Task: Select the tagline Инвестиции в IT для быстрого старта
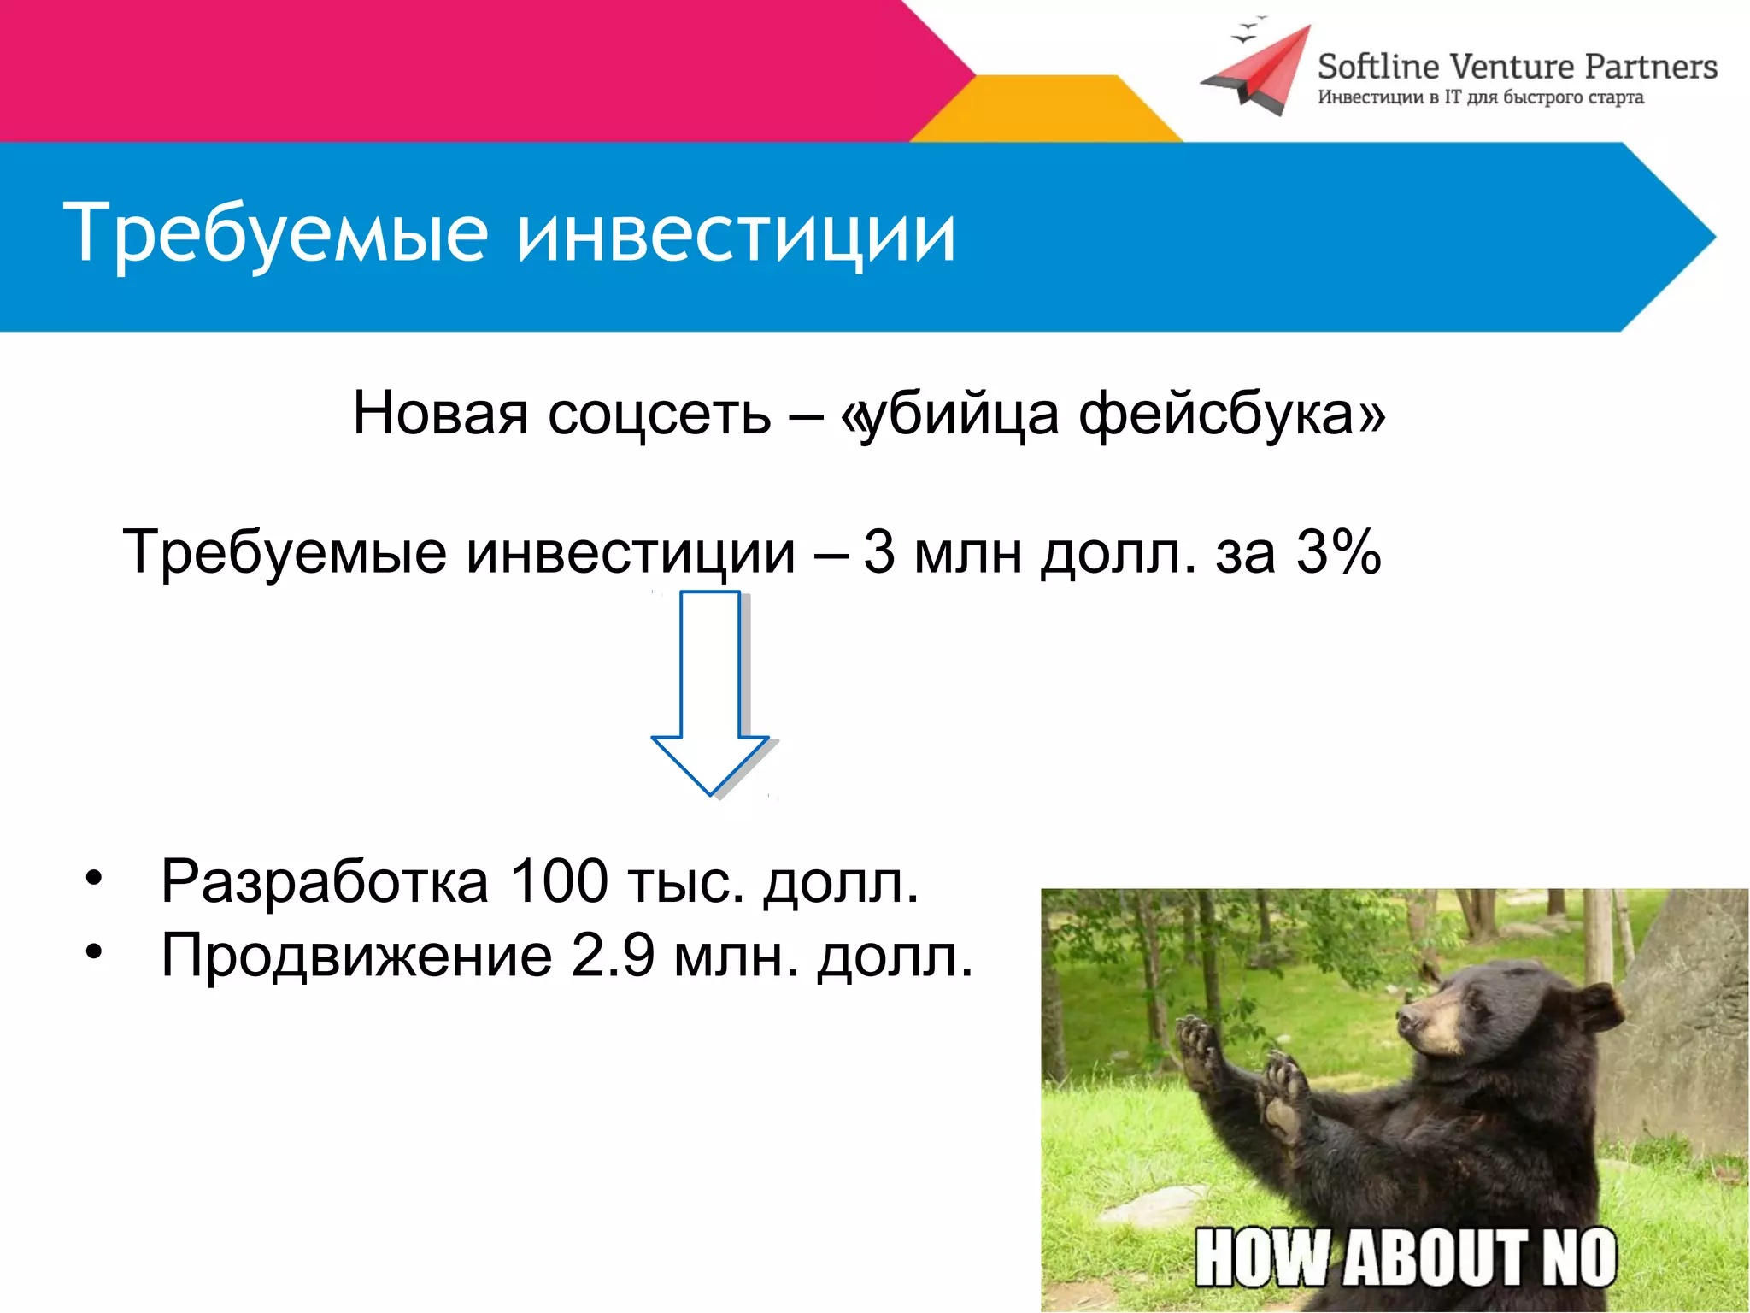coord(1480,97)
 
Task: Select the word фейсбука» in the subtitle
coord(1230,414)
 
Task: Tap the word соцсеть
coord(659,414)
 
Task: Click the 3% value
coord(1338,551)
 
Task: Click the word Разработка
coord(325,881)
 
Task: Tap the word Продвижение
coord(356,956)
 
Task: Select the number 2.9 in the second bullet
coord(613,956)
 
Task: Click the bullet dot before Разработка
coord(93,879)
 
